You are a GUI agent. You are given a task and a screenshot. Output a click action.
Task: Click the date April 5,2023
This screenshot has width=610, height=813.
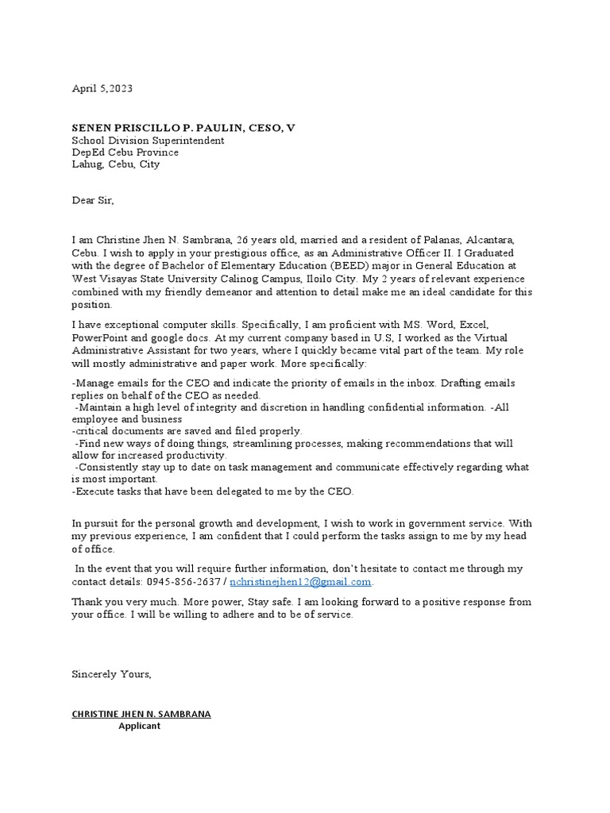102,89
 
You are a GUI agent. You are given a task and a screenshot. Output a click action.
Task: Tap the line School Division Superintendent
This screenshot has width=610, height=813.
148,141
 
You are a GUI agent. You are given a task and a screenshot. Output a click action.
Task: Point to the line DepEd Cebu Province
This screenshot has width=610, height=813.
125,152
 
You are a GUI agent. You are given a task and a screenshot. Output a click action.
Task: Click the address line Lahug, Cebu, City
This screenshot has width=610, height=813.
115,164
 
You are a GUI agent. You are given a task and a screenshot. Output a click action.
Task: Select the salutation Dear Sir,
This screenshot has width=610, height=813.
93,201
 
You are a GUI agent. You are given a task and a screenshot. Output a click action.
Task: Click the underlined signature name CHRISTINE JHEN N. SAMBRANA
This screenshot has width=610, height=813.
141,714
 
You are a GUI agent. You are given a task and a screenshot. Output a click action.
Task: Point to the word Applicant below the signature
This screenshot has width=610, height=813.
139,726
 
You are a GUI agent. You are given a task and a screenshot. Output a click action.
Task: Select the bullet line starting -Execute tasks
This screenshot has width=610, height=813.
213,491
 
